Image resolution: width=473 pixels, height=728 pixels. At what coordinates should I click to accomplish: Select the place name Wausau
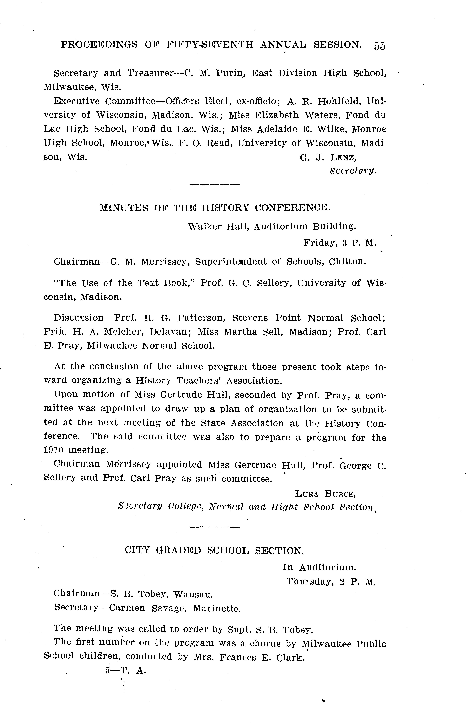pos(193,595)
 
